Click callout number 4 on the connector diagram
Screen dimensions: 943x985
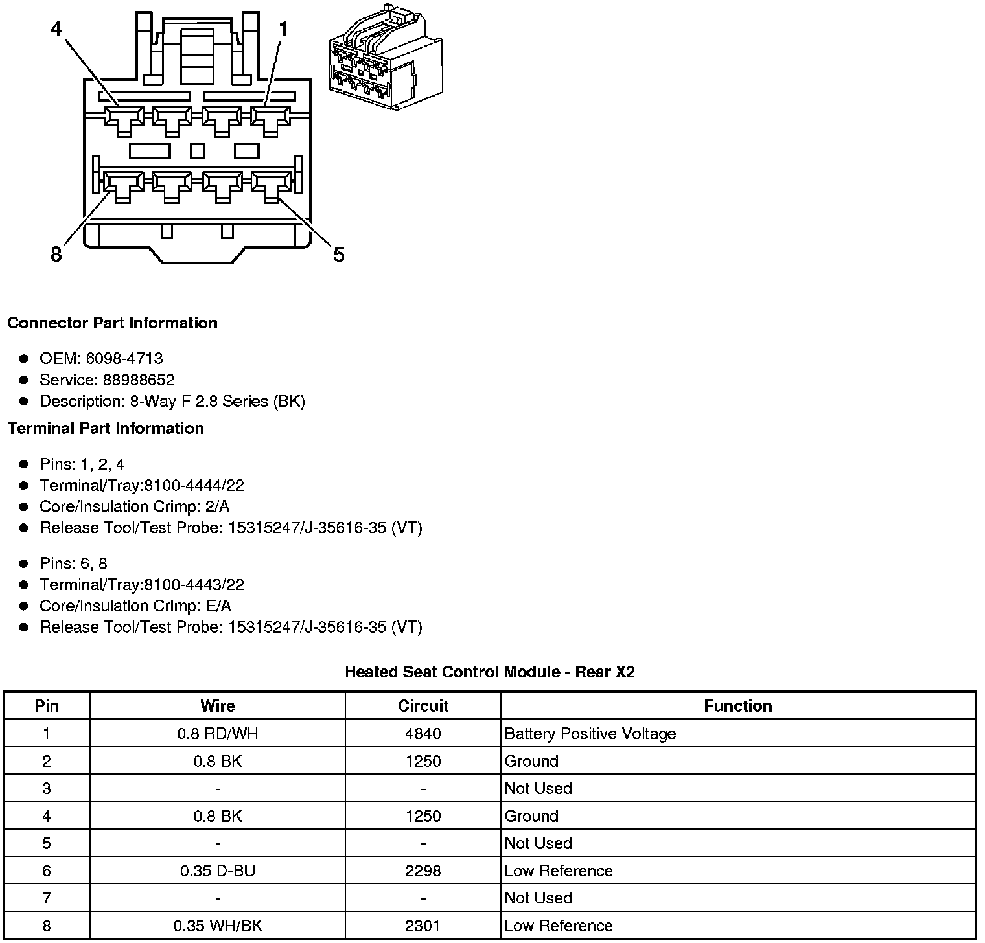tap(56, 29)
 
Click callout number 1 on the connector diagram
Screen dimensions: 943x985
tap(283, 29)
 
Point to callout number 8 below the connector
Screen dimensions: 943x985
tap(56, 255)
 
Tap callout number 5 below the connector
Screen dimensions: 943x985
tap(339, 255)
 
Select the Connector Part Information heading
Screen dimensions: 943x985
tap(113, 323)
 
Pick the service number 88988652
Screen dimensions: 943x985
tap(139, 380)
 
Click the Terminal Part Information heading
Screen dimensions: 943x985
tap(106, 429)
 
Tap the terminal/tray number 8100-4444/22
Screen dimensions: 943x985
tap(194, 486)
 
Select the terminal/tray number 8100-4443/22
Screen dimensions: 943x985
tap(194, 585)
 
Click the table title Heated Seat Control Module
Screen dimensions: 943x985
tap(490, 672)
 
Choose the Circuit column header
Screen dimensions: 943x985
tap(423, 706)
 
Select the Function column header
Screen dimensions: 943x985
tap(738, 706)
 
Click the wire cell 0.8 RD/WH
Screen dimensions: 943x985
tap(218, 734)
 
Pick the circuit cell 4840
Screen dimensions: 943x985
tap(423, 734)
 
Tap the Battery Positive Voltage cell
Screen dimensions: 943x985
tap(590, 734)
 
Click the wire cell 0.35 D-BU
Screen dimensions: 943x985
tap(218, 871)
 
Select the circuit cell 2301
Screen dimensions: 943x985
tap(423, 926)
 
